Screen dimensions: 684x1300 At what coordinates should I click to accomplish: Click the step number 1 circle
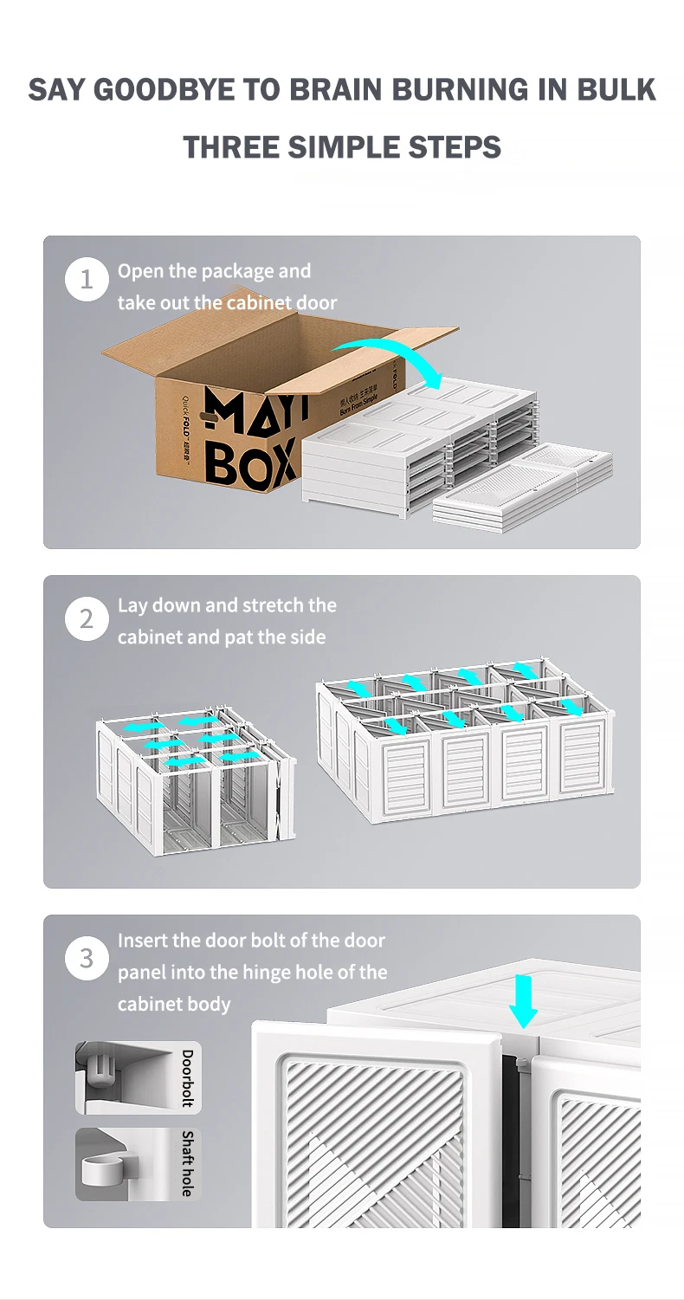(x=87, y=281)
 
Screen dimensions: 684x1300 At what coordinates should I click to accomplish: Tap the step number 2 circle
(x=87, y=620)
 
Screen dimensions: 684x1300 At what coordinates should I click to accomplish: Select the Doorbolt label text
(x=187, y=1078)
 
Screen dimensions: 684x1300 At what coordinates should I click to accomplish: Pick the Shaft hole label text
(x=187, y=1163)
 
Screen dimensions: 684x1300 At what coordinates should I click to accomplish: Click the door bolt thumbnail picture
(x=126, y=1078)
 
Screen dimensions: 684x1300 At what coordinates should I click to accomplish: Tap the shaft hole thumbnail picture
(x=126, y=1163)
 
